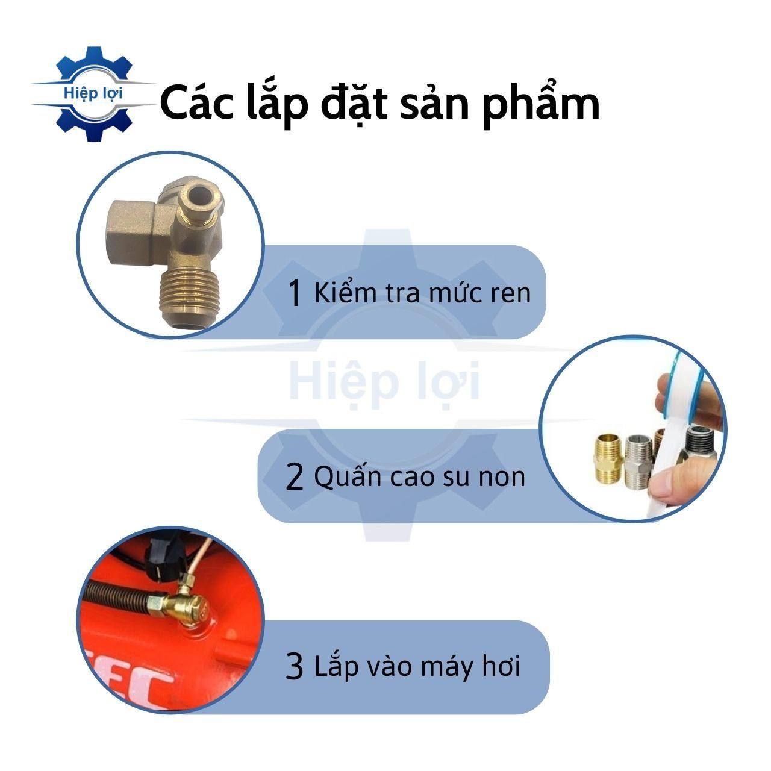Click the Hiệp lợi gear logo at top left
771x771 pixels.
coord(93,94)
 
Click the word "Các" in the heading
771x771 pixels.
coord(196,103)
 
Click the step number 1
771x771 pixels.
coord(295,293)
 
